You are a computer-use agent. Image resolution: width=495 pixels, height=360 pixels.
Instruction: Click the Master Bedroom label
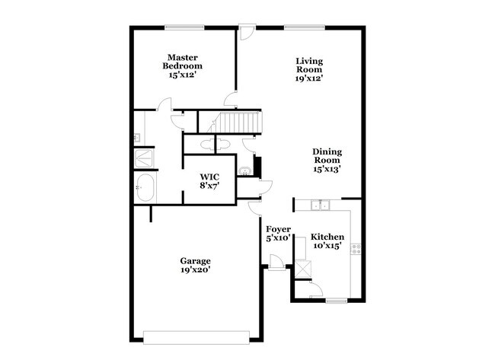click(x=183, y=62)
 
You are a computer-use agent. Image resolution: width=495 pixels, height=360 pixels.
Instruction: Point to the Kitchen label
click(x=328, y=237)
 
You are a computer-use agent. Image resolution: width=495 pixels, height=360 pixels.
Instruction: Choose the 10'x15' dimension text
click(x=328, y=246)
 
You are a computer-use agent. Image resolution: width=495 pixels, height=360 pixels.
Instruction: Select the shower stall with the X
click(x=143, y=158)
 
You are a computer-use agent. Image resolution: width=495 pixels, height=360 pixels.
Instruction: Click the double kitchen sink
click(x=321, y=205)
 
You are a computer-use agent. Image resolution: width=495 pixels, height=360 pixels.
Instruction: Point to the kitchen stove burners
click(x=355, y=247)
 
